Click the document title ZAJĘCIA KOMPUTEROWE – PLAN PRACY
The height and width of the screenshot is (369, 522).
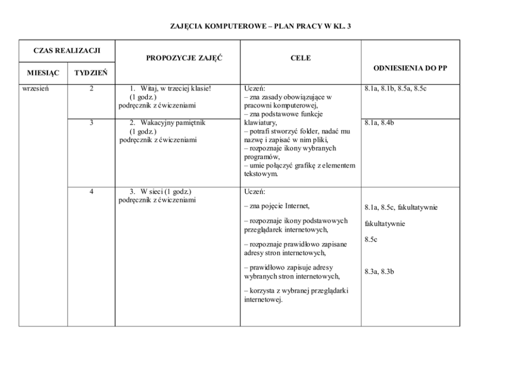[x=260, y=26]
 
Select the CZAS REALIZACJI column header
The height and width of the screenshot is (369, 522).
[x=67, y=51]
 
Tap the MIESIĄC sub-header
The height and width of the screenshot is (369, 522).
[x=44, y=73]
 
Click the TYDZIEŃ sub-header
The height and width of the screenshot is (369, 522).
[x=91, y=73]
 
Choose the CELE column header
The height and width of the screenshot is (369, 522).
[x=300, y=58]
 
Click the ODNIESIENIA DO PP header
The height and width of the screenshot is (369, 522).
[x=410, y=68]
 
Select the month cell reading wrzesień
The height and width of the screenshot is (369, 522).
[x=36, y=88]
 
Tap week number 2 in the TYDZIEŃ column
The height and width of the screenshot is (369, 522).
[x=92, y=88]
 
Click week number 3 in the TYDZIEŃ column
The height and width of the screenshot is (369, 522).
[x=92, y=123]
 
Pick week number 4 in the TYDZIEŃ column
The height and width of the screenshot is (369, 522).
[x=92, y=191]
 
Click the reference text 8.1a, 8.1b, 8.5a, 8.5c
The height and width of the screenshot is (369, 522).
[x=395, y=88]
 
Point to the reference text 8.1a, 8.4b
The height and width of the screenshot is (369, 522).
[x=379, y=123]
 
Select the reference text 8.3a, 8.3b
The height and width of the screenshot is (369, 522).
[x=379, y=272]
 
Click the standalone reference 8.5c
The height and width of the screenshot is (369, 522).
[x=371, y=240]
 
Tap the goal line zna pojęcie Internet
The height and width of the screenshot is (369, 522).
[x=277, y=206]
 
